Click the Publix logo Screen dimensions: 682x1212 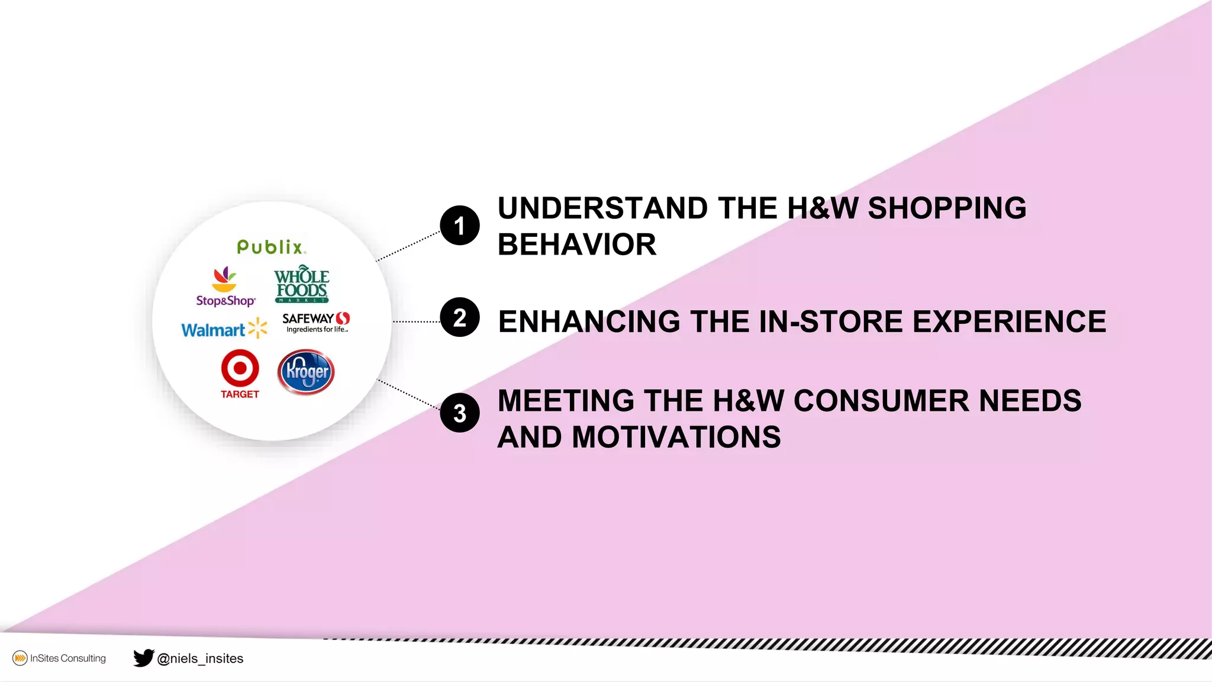click(x=271, y=247)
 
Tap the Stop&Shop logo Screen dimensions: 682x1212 click(x=225, y=287)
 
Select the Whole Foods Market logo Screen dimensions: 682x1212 click(x=302, y=284)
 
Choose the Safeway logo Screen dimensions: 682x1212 click(x=316, y=322)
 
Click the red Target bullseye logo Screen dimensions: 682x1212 click(x=240, y=368)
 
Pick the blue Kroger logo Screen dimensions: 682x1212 click(x=306, y=372)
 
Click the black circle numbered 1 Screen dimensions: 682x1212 click(x=460, y=226)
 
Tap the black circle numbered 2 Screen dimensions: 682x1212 click(x=460, y=317)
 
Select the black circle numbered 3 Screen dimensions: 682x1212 click(x=460, y=413)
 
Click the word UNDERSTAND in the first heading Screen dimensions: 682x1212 click(x=602, y=208)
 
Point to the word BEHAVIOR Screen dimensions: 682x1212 click(x=577, y=245)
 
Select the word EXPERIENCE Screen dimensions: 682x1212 click(x=1009, y=321)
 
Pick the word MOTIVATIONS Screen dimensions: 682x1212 click(x=676, y=437)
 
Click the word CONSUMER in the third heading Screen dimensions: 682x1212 click(x=881, y=401)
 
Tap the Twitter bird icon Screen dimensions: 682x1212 click(x=143, y=658)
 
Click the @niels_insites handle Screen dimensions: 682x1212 click(x=200, y=658)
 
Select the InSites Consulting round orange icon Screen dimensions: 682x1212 click(x=20, y=658)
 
